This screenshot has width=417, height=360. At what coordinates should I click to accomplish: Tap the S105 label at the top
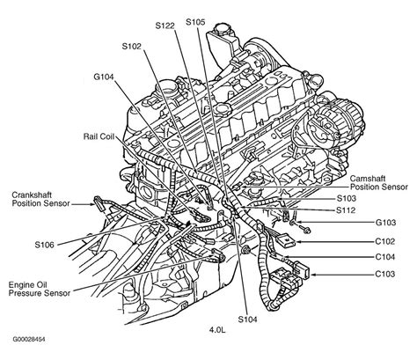click(196, 20)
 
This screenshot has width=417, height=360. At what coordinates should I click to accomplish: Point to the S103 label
click(347, 199)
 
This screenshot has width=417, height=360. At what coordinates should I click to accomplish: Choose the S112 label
click(347, 211)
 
